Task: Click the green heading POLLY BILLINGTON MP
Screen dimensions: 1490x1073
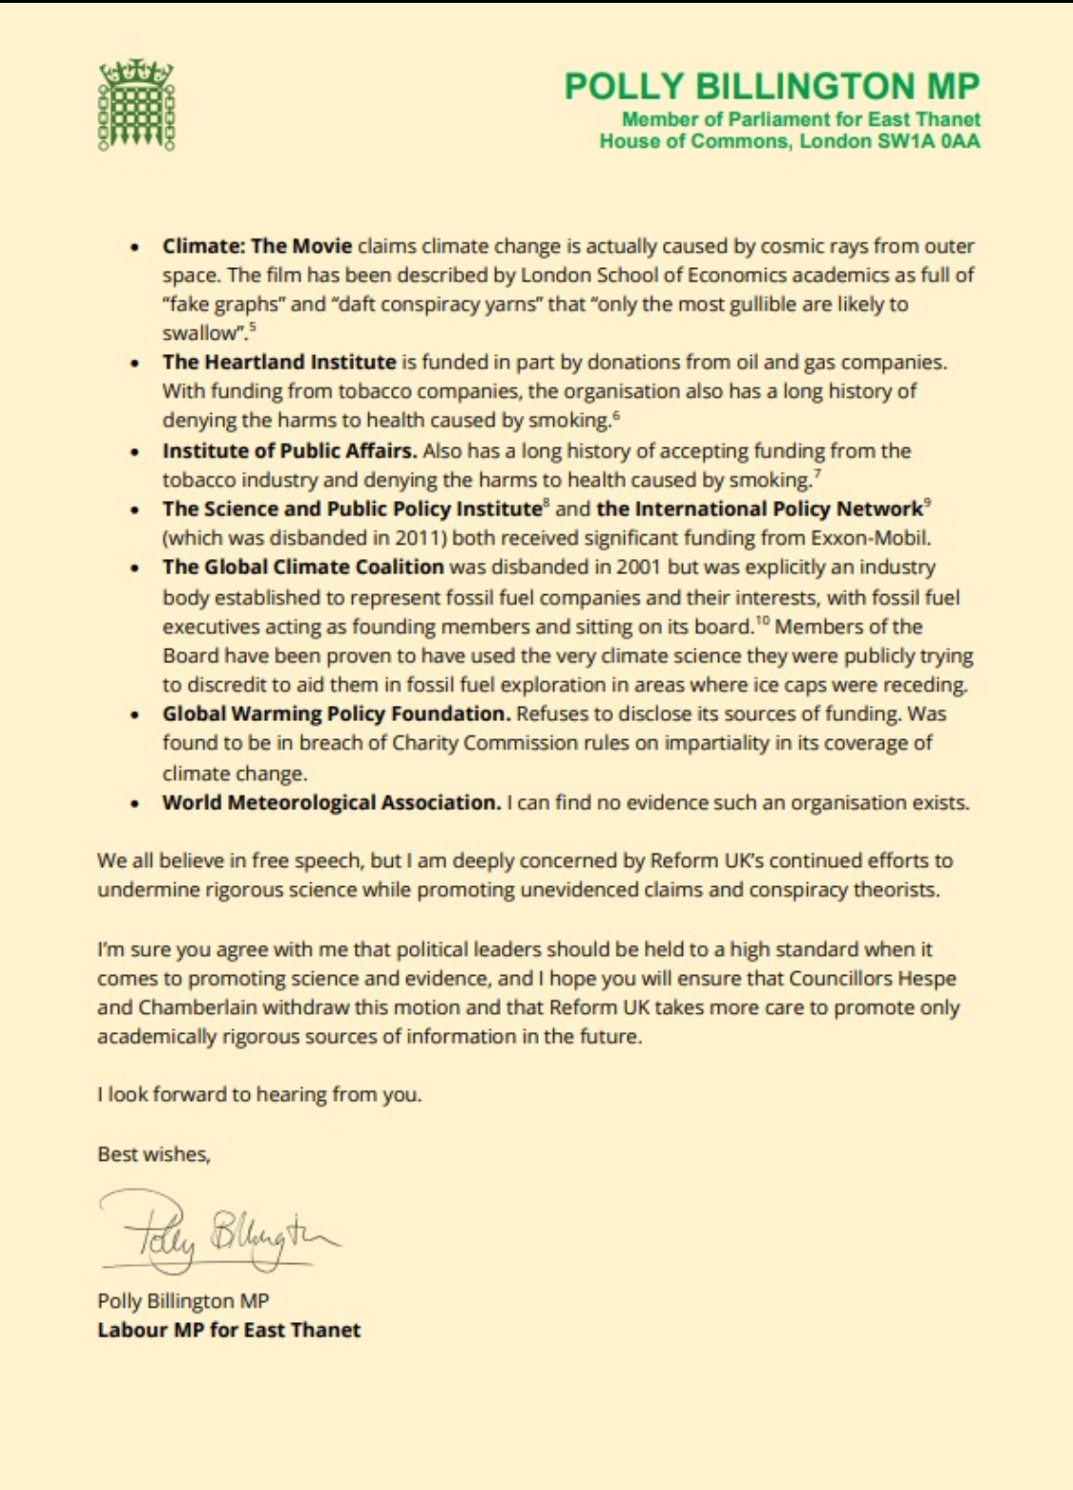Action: click(x=771, y=87)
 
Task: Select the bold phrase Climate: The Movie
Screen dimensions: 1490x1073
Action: click(x=257, y=246)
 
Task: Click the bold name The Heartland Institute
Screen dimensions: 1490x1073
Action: click(x=279, y=362)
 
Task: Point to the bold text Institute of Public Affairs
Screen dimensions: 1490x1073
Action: click(x=289, y=450)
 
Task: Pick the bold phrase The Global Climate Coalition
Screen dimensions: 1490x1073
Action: click(x=302, y=567)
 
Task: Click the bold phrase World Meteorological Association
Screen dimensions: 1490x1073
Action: click(x=331, y=802)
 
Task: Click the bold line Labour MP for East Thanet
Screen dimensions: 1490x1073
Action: click(x=229, y=1330)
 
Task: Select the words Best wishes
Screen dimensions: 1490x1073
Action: click(x=154, y=1154)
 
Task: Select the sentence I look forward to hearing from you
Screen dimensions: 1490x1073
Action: click(x=259, y=1094)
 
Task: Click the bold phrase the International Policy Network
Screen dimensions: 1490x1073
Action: click(x=759, y=508)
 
